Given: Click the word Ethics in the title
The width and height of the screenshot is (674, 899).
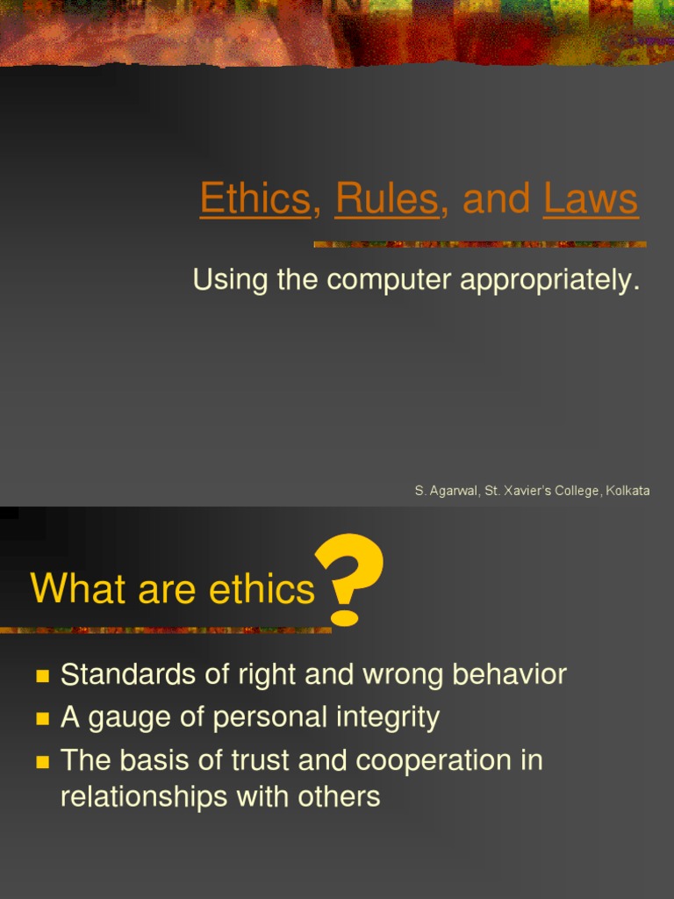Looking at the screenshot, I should (x=255, y=198).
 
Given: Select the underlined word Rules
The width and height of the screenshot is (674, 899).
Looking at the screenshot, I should (x=386, y=198).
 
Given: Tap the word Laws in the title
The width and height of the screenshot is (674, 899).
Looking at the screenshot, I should (x=591, y=198).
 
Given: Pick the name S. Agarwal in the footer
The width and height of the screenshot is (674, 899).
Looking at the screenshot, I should (x=443, y=492).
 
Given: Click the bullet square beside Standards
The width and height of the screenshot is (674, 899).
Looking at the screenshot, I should (x=41, y=676).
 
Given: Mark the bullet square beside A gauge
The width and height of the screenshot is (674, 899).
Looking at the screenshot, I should (x=41, y=719).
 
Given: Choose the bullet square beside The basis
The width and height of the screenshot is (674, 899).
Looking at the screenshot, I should (x=41, y=762).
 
